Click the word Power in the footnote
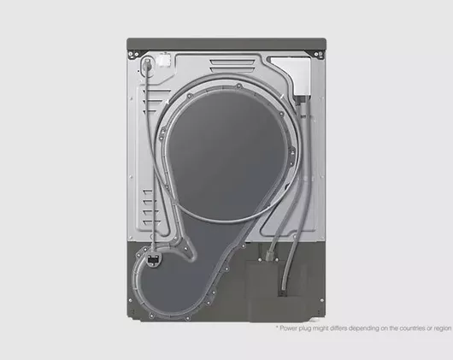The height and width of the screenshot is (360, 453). (x=291, y=328)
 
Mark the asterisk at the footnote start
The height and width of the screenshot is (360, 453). (x=278, y=327)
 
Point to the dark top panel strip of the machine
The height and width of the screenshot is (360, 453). (x=226, y=43)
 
